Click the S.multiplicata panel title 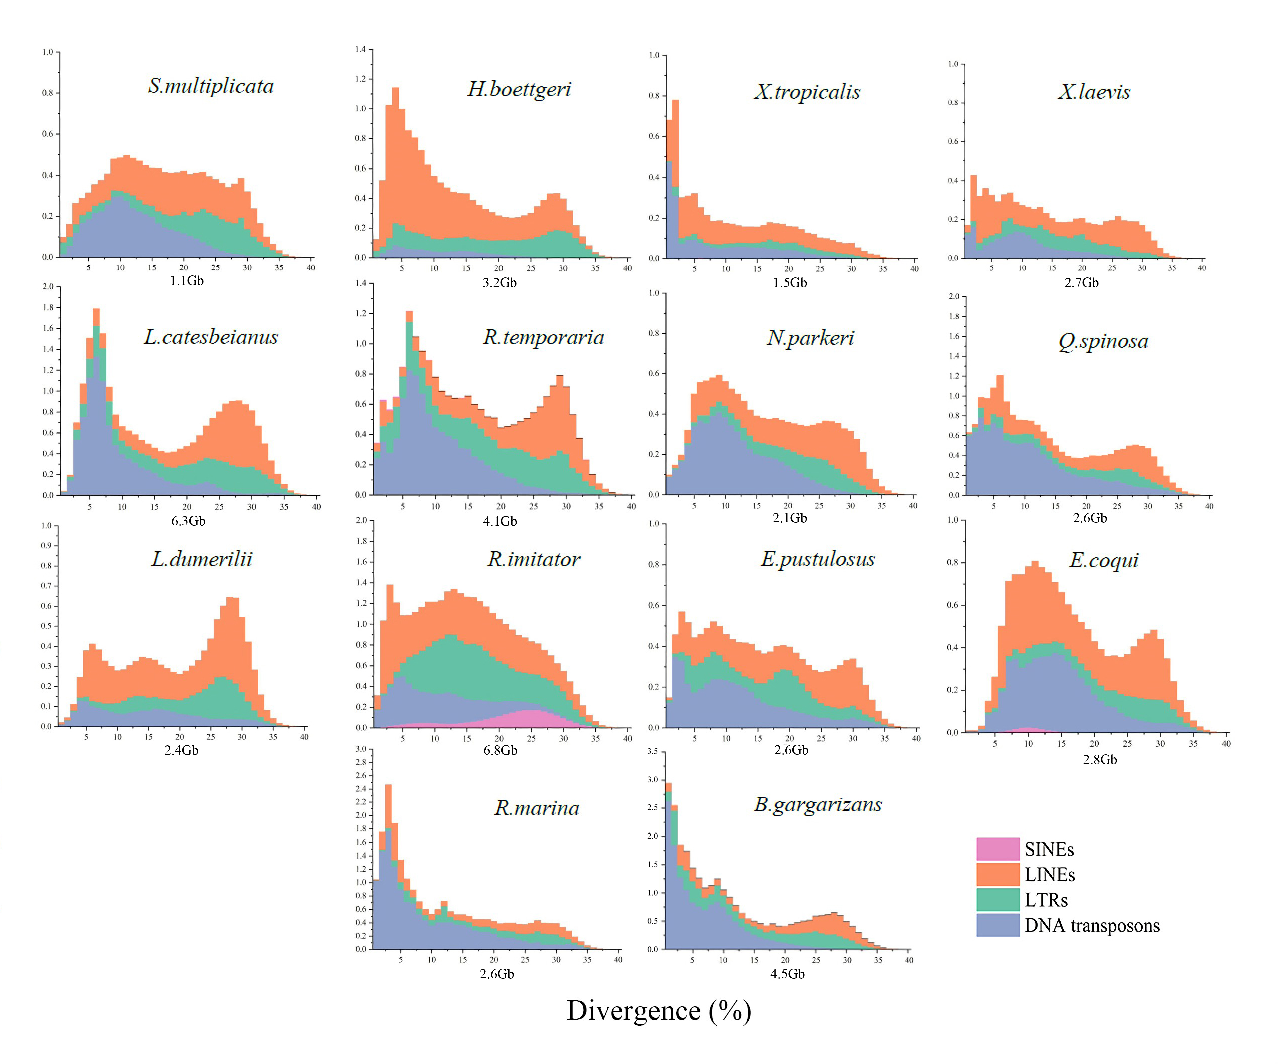tap(211, 86)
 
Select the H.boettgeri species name tap(519, 89)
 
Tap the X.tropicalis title tap(807, 92)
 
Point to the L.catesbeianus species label tap(211, 337)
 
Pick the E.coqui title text tap(1103, 560)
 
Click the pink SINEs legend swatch tap(997, 849)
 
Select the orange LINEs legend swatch tap(997, 874)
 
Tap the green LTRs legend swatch tap(997, 900)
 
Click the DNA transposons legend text tap(1092, 925)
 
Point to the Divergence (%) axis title tap(659, 1010)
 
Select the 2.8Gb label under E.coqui tap(1100, 759)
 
